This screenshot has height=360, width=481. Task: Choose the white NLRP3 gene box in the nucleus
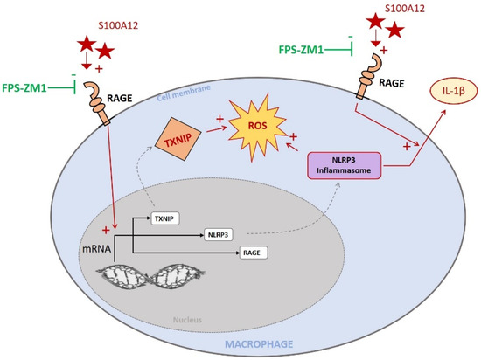(219, 234)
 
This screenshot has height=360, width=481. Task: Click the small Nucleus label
(188, 320)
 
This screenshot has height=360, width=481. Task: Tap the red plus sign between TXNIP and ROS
(220, 117)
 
